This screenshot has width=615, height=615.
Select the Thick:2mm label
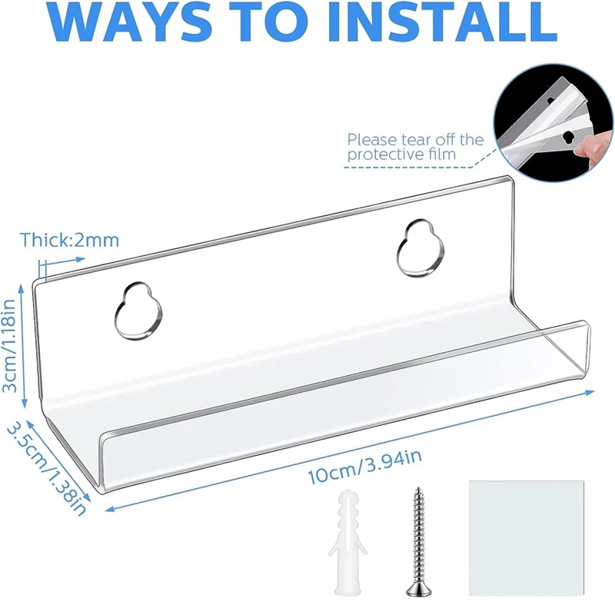69,240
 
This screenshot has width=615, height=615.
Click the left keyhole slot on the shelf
138,311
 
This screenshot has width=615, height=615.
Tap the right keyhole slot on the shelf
421,248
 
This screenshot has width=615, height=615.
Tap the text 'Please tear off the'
415,140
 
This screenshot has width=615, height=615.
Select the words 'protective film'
401,155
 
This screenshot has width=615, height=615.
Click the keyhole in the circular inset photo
567,138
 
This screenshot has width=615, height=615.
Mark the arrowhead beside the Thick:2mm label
81,259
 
